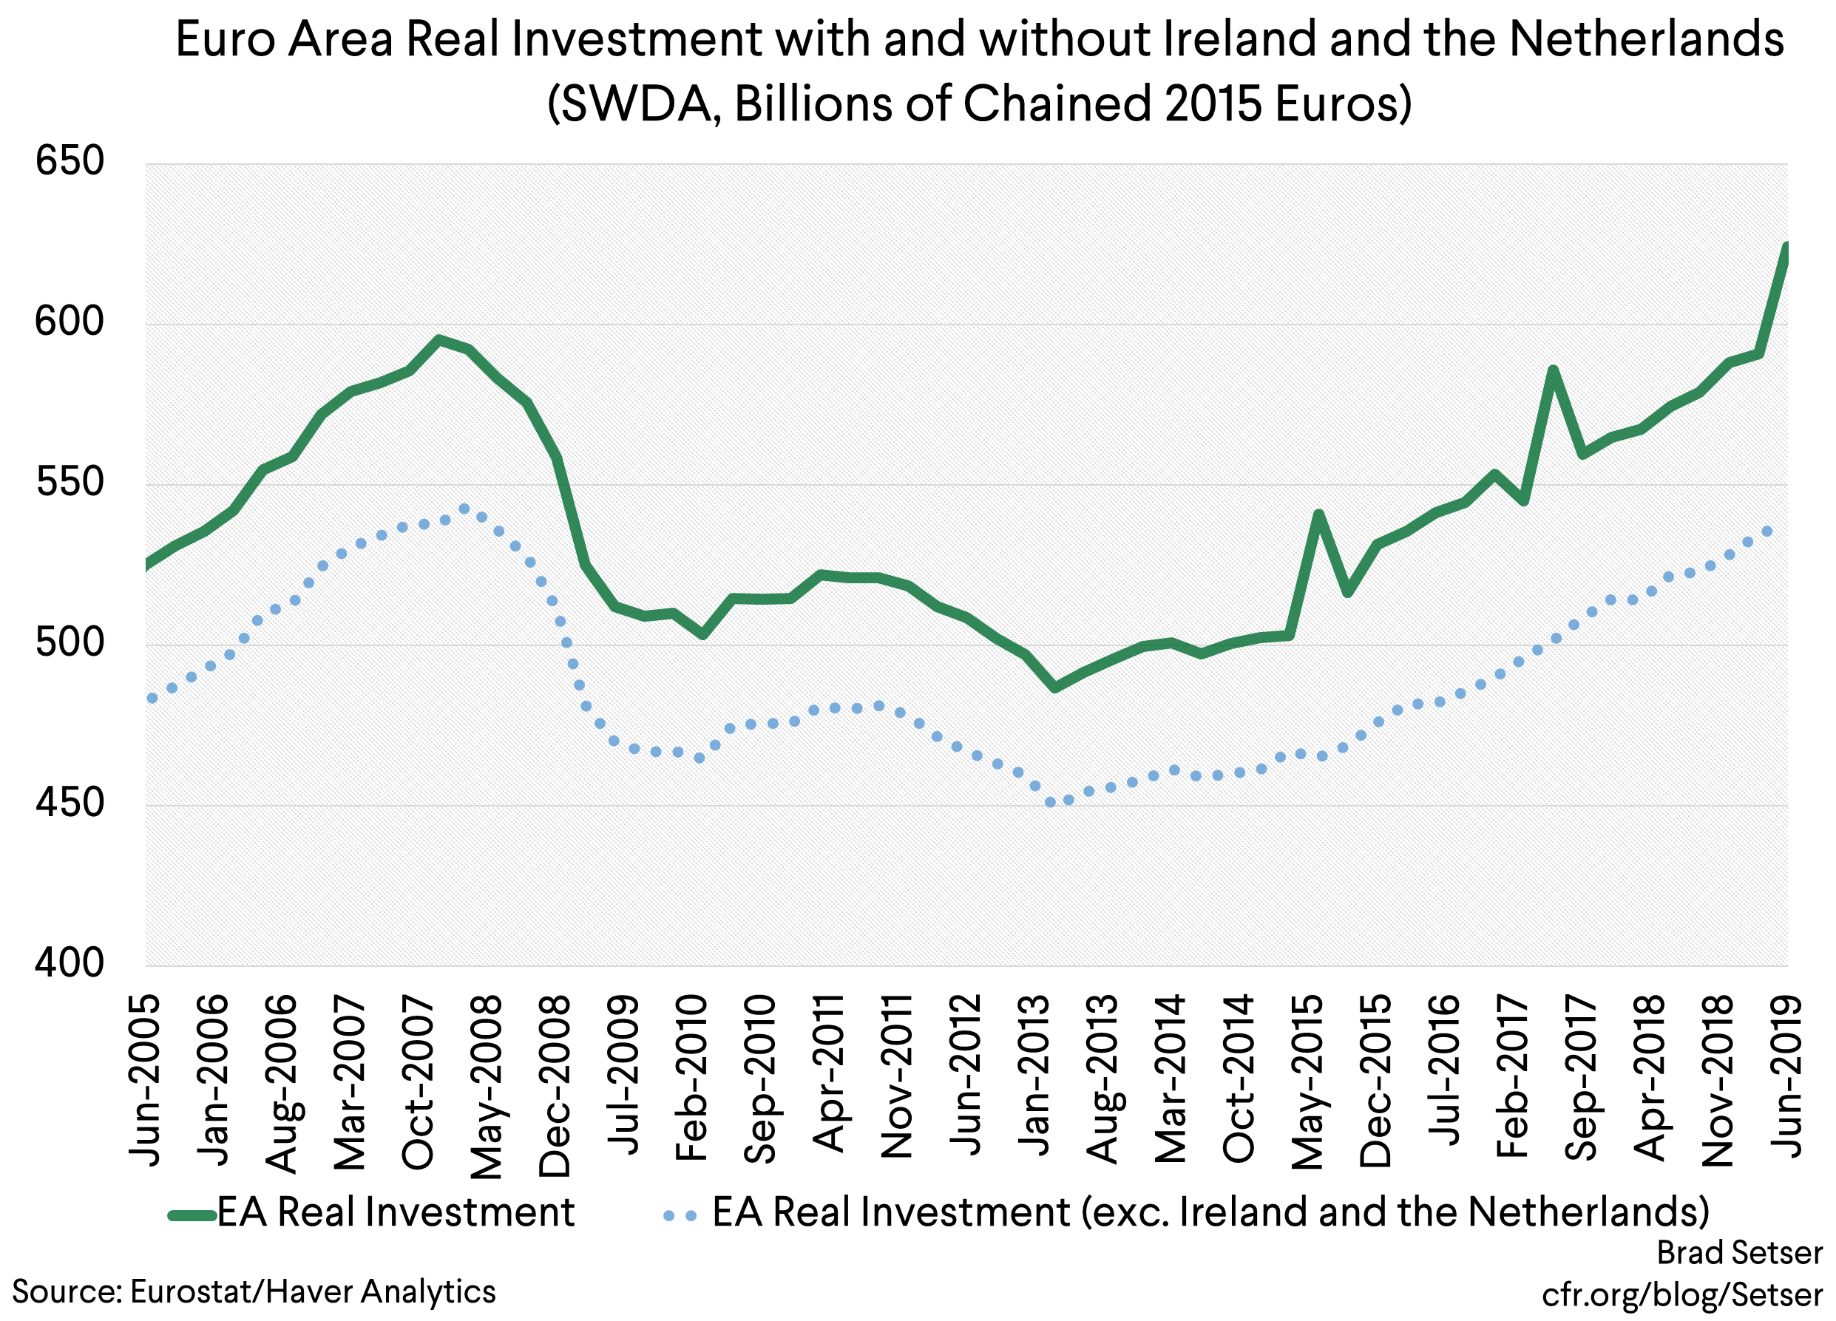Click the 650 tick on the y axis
(70, 162)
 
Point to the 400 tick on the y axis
(70, 963)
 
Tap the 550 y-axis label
(70, 483)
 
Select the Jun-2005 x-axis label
(146, 1080)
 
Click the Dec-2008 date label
(555, 1085)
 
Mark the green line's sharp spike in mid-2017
(1553, 370)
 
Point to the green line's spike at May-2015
(1318, 514)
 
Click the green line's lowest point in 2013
(1054, 687)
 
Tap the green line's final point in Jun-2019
(1786, 246)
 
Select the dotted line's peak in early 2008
(464, 509)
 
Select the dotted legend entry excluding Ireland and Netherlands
(1211, 1212)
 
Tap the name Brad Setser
(1740, 1253)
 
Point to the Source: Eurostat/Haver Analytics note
(254, 1291)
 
